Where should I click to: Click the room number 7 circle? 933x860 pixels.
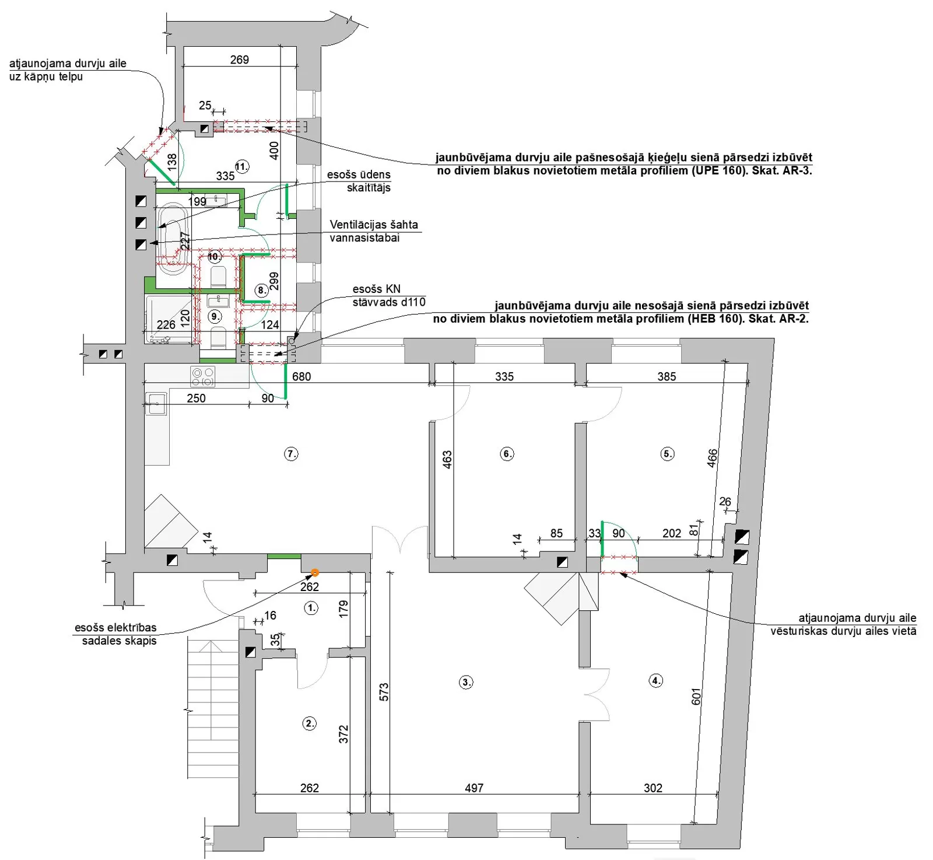pos(291,453)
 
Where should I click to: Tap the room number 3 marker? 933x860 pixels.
pos(466,681)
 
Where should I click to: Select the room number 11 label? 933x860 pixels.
pos(241,166)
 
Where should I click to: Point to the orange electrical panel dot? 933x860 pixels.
pos(315,573)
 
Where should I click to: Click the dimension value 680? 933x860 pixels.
pos(301,376)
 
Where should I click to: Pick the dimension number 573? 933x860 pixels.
pos(384,692)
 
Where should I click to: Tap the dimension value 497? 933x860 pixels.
pos(474,788)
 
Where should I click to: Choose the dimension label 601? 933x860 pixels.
pos(696,696)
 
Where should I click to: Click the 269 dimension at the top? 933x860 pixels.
pos(239,60)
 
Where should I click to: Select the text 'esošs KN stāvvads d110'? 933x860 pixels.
pos(389,295)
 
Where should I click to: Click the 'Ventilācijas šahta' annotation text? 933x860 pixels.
pos(374,224)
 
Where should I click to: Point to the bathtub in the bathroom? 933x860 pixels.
pos(172,239)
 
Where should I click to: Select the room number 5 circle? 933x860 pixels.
pos(668,453)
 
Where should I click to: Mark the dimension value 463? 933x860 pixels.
pos(447,459)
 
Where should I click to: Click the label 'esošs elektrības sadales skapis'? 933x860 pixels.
pos(117,634)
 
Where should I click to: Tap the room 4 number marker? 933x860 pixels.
pos(656,680)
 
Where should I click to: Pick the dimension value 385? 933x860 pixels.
pos(667,376)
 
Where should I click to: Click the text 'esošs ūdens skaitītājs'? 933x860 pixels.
pos(359,181)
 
